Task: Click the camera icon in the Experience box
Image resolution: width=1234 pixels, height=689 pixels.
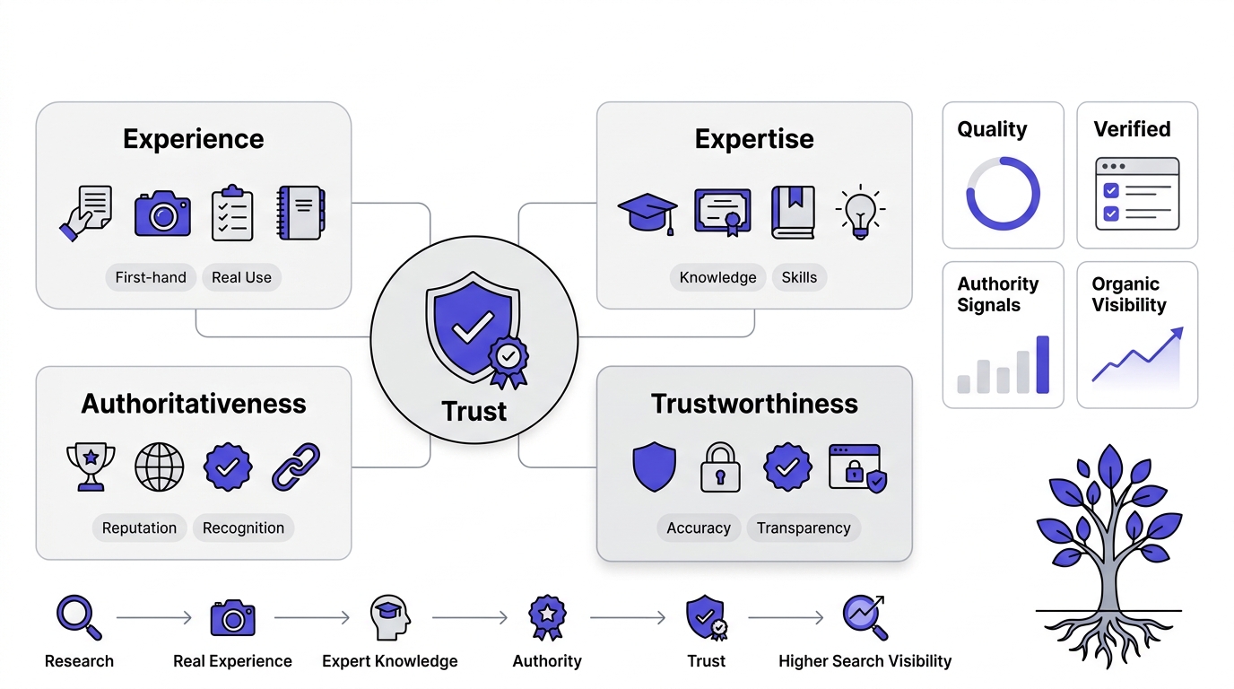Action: click(x=162, y=214)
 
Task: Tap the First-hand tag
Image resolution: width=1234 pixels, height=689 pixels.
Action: click(x=151, y=277)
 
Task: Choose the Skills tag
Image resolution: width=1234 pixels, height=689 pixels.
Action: click(x=799, y=277)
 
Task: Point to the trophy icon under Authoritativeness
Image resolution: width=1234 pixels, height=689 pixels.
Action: click(x=91, y=467)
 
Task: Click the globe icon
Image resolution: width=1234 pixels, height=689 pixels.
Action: click(x=160, y=467)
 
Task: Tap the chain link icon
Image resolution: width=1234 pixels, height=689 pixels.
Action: click(x=296, y=467)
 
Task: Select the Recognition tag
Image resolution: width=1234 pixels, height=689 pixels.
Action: click(x=243, y=528)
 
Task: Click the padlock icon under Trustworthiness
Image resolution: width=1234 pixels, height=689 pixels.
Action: click(x=720, y=467)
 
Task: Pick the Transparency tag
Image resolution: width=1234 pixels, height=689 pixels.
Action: click(x=804, y=528)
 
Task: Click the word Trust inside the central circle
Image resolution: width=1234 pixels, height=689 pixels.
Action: click(x=474, y=411)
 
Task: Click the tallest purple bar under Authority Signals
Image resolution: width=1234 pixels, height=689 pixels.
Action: click(x=1042, y=364)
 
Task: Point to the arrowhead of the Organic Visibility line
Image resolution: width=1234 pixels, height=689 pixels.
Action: click(x=1178, y=333)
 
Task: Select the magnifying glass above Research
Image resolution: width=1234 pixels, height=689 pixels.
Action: click(x=79, y=617)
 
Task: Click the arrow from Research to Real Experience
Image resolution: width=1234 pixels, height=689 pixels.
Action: click(x=153, y=618)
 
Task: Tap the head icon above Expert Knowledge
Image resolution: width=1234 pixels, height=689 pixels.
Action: click(x=390, y=617)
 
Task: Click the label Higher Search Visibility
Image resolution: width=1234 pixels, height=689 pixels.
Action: click(x=865, y=661)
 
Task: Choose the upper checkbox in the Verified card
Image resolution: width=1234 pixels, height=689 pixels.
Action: click(x=1111, y=190)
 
